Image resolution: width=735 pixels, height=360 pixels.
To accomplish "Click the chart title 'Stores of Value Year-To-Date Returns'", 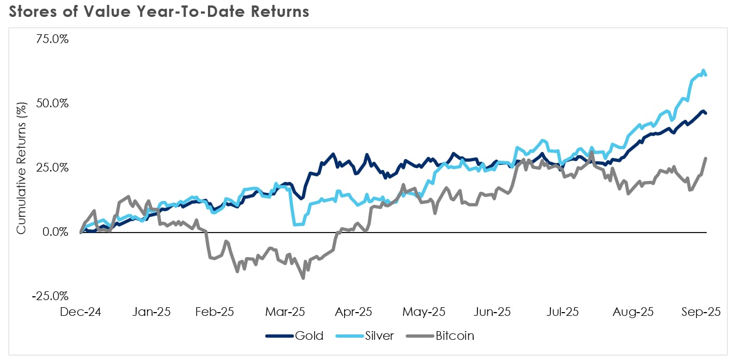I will [x=159, y=11].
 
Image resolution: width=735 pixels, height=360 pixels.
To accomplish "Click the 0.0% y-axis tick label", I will [x=56, y=232].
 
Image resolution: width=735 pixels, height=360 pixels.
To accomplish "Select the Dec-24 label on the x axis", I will [x=81, y=312].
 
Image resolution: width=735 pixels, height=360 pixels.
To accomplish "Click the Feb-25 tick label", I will [x=214, y=312].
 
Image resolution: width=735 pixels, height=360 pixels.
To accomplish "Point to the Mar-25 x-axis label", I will [x=286, y=312].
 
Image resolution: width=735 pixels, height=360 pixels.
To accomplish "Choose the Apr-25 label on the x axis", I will [x=353, y=312].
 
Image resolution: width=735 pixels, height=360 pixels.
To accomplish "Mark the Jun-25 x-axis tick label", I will [x=492, y=312].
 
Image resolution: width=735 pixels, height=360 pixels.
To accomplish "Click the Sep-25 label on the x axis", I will [x=701, y=312].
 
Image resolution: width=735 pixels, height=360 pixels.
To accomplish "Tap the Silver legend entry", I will [x=365, y=336].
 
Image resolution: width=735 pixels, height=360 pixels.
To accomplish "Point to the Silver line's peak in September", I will [x=703, y=71].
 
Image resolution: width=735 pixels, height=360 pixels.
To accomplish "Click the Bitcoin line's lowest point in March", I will [x=303, y=278].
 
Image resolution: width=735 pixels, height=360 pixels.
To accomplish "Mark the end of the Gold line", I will [x=706, y=113].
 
